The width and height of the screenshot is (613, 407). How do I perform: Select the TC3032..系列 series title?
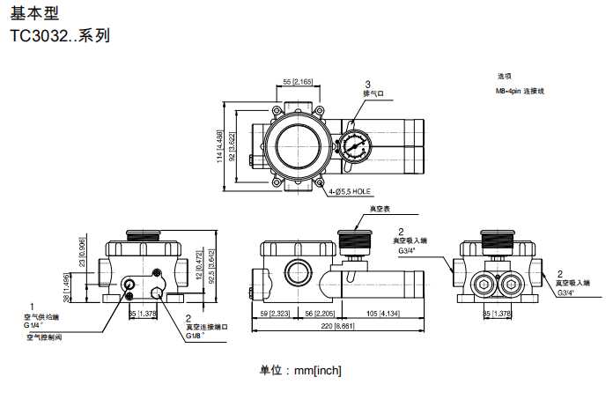[x=60, y=37]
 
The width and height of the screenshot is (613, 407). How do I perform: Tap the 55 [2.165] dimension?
[x=298, y=82]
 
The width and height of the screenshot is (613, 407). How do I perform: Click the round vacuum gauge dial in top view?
[x=357, y=145]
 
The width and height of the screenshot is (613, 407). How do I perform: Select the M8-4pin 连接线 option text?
[x=521, y=91]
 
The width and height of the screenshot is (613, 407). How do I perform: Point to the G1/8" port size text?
[x=196, y=335]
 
